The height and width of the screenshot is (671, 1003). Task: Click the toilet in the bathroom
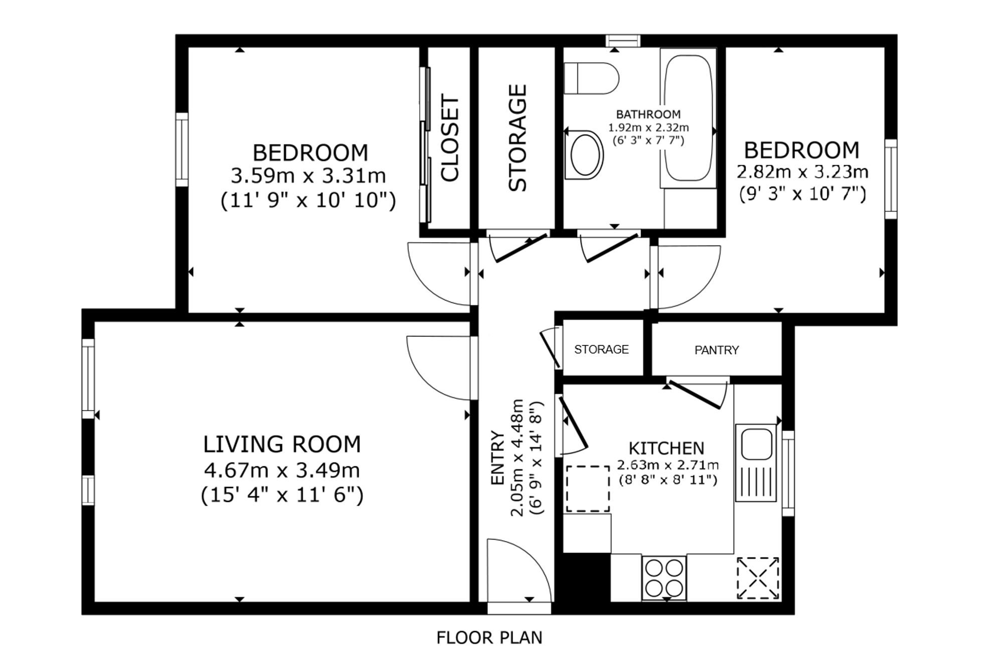click(591, 78)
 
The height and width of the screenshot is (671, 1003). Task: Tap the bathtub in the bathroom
click(688, 118)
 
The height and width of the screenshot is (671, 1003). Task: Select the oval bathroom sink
click(584, 155)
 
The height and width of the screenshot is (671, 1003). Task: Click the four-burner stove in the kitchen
click(664, 578)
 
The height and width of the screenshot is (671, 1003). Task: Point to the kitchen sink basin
click(756, 444)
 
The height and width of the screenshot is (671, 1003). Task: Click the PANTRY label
click(717, 350)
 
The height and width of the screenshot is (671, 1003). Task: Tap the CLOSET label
click(450, 138)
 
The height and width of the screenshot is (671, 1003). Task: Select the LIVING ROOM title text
click(282, 444)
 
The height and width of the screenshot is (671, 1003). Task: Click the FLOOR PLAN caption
click(489, 637)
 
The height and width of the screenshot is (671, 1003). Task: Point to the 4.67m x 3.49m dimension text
click(282, 470)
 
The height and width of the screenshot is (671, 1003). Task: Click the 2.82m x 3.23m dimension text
click(802, 172)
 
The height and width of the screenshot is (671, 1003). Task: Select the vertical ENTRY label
click(497, 458)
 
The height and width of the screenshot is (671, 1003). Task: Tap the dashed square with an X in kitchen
click(758, 578)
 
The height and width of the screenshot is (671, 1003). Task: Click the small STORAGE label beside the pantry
click(601, 350)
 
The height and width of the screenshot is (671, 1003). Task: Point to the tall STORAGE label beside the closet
click(518, 138)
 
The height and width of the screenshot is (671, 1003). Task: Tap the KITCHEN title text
click(666, 448)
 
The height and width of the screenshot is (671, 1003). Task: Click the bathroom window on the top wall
click(623, 41)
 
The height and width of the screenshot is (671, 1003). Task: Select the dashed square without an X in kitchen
click(588, 489)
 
